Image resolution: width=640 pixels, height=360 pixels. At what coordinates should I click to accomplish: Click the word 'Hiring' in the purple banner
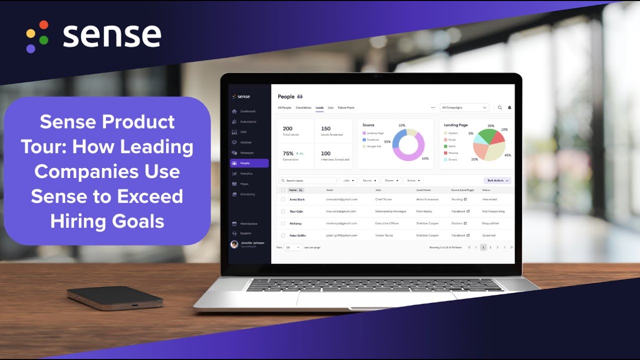tap(75, 220)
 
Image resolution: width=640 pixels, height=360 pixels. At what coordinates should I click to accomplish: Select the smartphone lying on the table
tap(115, 297)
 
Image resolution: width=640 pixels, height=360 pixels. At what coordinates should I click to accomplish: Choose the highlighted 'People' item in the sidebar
tap(249, 163)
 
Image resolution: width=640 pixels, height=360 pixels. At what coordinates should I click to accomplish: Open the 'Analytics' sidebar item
tap(246, 173)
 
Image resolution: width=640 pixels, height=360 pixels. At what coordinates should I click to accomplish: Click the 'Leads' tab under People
tap(319, 107)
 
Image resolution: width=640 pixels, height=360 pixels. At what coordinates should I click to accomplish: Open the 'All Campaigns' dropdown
tap(464, 107)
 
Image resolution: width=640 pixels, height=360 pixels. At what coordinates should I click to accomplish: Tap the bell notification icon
tap(509, 107)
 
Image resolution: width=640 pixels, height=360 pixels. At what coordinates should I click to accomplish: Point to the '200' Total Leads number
tap(287, 128)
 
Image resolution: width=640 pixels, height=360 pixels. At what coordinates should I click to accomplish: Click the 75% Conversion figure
tap(288, 153)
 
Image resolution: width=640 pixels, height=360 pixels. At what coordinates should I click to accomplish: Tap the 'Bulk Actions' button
tap(497, 180)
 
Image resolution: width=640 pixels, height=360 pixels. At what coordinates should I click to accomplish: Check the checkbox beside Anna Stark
tap(283, 199)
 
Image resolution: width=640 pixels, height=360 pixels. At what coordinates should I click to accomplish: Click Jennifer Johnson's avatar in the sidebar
tap(234, 244)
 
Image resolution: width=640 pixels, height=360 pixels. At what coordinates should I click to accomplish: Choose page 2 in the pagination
tap(490, 247)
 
